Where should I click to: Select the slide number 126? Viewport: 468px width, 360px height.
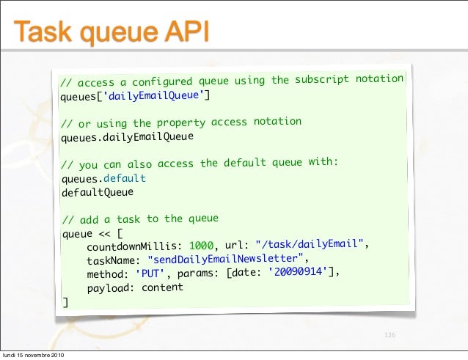[x=390, y=335]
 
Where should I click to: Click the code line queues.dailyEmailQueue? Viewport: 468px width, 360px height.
[x=127, y=137]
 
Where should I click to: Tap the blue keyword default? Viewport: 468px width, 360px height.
[x=125, y=179]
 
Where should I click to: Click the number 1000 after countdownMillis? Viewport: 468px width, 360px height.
[x=201, y=246]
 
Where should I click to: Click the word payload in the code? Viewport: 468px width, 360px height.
[x=111, y=288]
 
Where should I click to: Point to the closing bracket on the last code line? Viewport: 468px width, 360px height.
[x=65, y=302]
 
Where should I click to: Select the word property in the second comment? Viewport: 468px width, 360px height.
[x=180, y=122]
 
